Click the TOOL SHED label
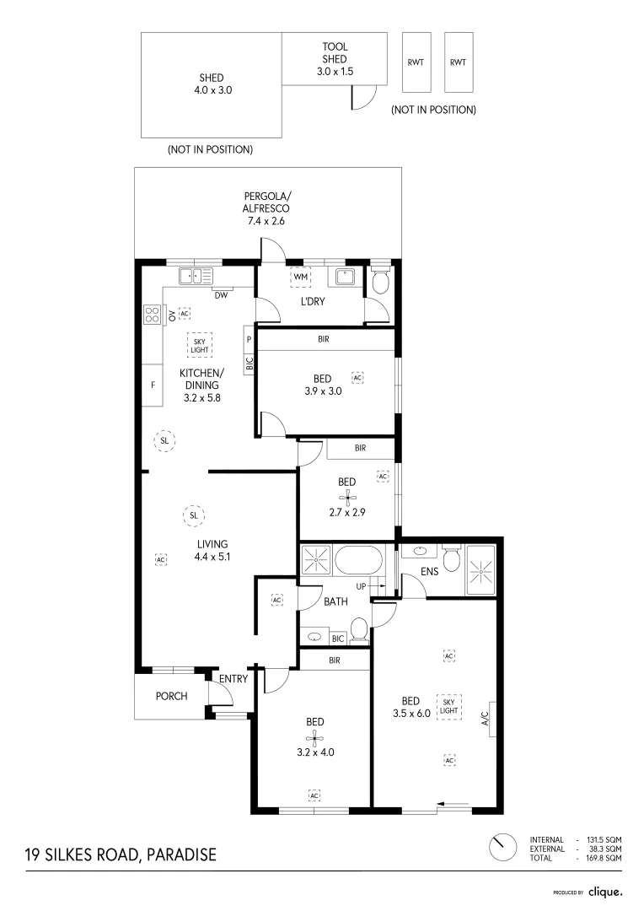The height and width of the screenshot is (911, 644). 335,59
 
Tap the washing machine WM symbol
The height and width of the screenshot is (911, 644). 300,277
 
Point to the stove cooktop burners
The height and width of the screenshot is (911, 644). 153,315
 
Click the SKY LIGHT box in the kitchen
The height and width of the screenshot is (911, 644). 200,343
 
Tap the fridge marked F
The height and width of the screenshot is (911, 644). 153,385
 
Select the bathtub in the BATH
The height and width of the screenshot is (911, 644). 359,559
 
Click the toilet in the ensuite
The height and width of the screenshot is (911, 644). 451,558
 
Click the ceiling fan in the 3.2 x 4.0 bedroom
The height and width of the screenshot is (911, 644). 315,740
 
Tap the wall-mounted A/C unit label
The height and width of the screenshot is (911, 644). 485,720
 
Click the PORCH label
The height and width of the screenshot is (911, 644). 171,696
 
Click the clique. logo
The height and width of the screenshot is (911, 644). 605,891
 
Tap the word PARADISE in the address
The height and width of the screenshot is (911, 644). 181,854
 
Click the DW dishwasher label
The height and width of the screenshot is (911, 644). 220,294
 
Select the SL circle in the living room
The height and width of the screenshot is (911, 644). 193,515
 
